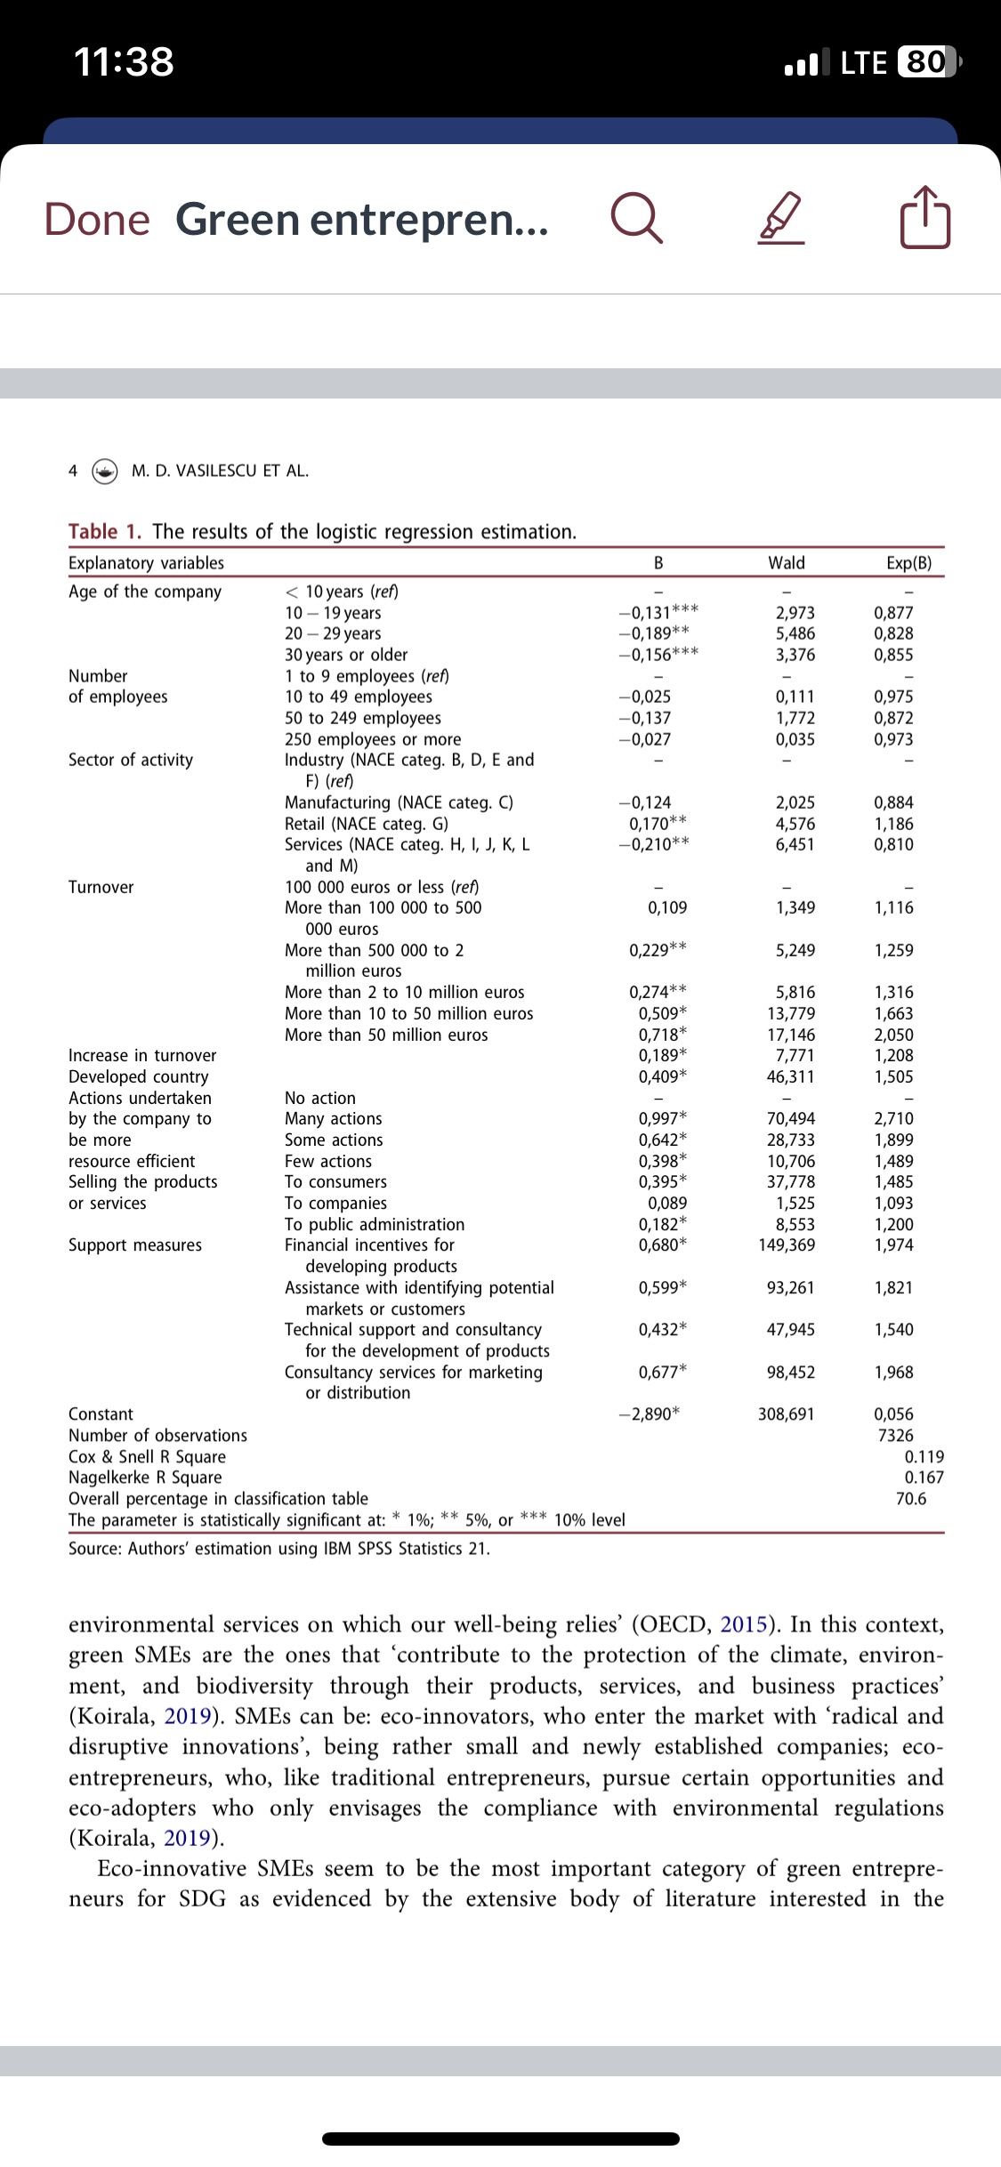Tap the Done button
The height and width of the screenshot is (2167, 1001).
(97, 220)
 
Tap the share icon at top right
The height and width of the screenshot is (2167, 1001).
(925, 218)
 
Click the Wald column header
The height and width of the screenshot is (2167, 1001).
(787, 563)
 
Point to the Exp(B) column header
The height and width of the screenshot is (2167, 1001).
(909, 563)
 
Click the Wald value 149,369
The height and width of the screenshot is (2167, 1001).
(787, 1245)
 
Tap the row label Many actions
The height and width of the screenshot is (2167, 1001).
(333, 1119)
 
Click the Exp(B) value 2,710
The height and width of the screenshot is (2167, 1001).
(893, 1119)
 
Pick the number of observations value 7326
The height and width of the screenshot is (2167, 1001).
(895, 1436)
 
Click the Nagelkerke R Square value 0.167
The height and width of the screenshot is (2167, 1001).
(924, 1478)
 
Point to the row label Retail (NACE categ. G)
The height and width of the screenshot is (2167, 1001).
(367, 824)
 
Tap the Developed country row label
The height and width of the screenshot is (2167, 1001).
(139, 1077)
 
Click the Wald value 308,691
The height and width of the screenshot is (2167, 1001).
(787, 1414)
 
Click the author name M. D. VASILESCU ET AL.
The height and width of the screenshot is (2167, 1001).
(220, 471)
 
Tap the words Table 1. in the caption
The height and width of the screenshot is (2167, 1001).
(105, 532)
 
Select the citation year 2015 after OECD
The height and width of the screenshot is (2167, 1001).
(746, 1625)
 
